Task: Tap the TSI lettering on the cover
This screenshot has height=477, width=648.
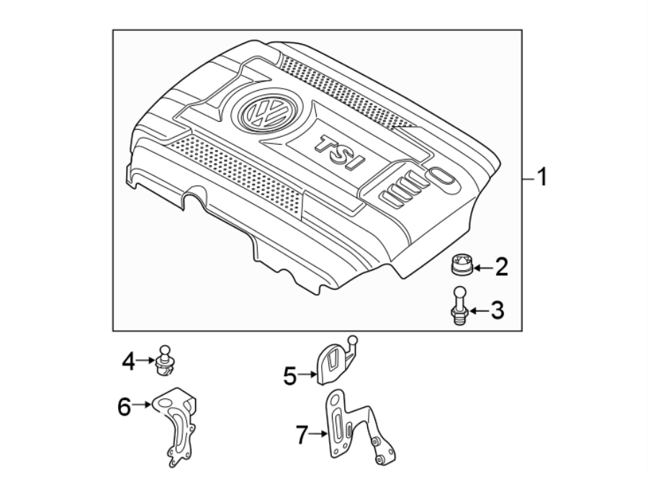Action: pos(339,153)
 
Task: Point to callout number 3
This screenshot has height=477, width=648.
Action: pos(497,311)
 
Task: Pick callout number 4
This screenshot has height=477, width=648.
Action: pos(128,360)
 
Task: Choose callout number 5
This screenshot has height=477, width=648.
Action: pos(289,375)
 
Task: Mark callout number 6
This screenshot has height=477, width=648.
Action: pos(124,407)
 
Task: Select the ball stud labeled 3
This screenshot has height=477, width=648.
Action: pos(460,306)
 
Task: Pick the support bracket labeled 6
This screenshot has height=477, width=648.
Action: pos(176,425)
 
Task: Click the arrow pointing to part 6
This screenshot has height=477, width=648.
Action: pos(143,405)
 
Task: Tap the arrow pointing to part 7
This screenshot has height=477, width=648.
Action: pos(320,432)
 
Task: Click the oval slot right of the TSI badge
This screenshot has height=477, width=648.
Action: pos(441,177)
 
